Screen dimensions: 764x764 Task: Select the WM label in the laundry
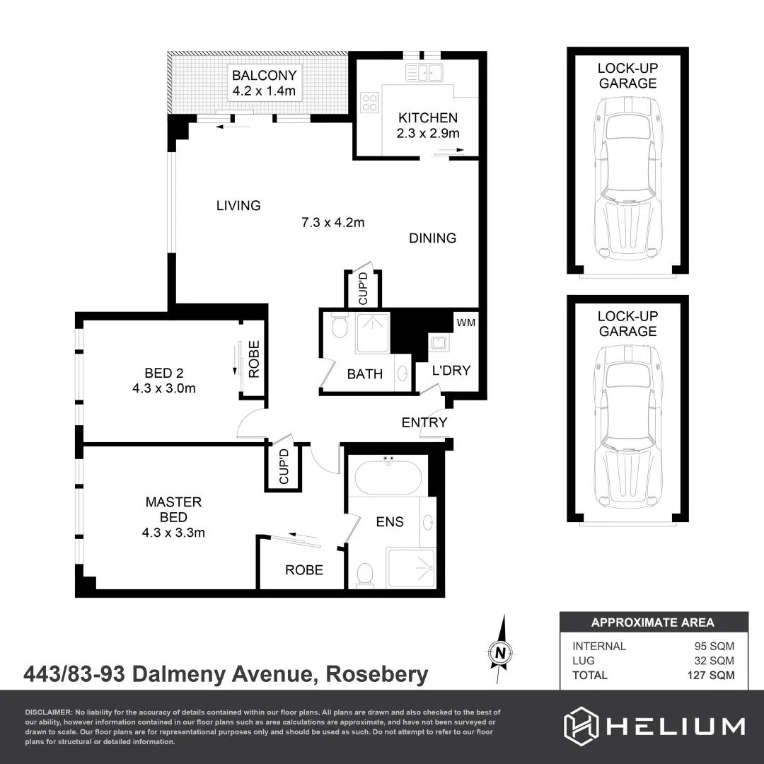pyautogui.click(x=466, y=323)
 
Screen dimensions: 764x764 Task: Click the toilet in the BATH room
pyautogui.click(x=338, y=328)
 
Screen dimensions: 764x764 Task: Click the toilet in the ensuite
pyautogui.click(x=366, y=573)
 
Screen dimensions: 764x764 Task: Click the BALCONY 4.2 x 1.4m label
pyautogui.click(x=265, y=83)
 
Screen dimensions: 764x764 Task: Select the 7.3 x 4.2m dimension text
pyautogui.click(x=332, y=223)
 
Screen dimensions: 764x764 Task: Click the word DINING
pyautogui.click(x=432, y=238)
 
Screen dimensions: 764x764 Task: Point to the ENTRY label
pyautogui.click(x=424, y=422)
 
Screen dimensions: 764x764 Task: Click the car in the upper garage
pyautogui.click(x=627, y=178)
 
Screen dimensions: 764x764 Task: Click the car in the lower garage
pyautogui.click(x=627, y=426)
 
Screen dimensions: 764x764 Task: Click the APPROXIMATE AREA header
pyautogui.click(x=652, y=623)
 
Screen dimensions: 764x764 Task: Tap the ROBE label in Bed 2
pyautogui.click(x=254, y=359)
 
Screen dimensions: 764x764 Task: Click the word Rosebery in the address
pyautogui.click(x=377, y=674)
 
